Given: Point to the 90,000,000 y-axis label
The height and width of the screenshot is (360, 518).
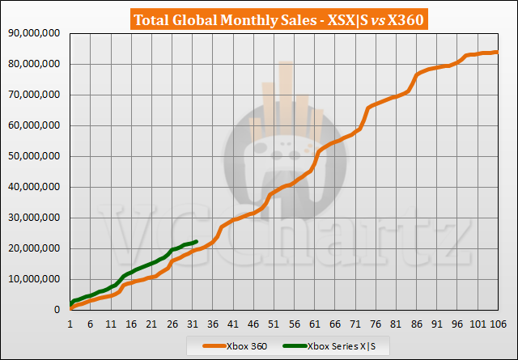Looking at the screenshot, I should (36, 33).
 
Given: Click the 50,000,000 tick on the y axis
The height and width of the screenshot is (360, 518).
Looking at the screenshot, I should (36, 156).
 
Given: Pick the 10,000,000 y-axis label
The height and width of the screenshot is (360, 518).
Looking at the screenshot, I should (36, 279).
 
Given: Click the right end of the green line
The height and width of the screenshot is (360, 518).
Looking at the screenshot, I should (196, 241).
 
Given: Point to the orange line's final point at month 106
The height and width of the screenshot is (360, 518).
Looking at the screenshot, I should (496, 52).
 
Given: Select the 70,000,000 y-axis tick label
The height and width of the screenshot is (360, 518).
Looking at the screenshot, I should (36, 95).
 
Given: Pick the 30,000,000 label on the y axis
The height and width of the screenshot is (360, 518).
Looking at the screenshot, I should (36, 218).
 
